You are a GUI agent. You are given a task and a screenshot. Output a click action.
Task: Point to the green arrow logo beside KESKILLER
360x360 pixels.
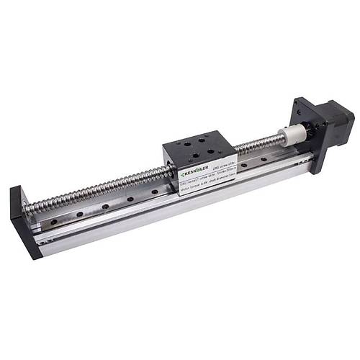(179, 176)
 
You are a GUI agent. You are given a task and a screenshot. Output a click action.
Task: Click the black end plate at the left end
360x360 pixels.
(23, 220)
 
